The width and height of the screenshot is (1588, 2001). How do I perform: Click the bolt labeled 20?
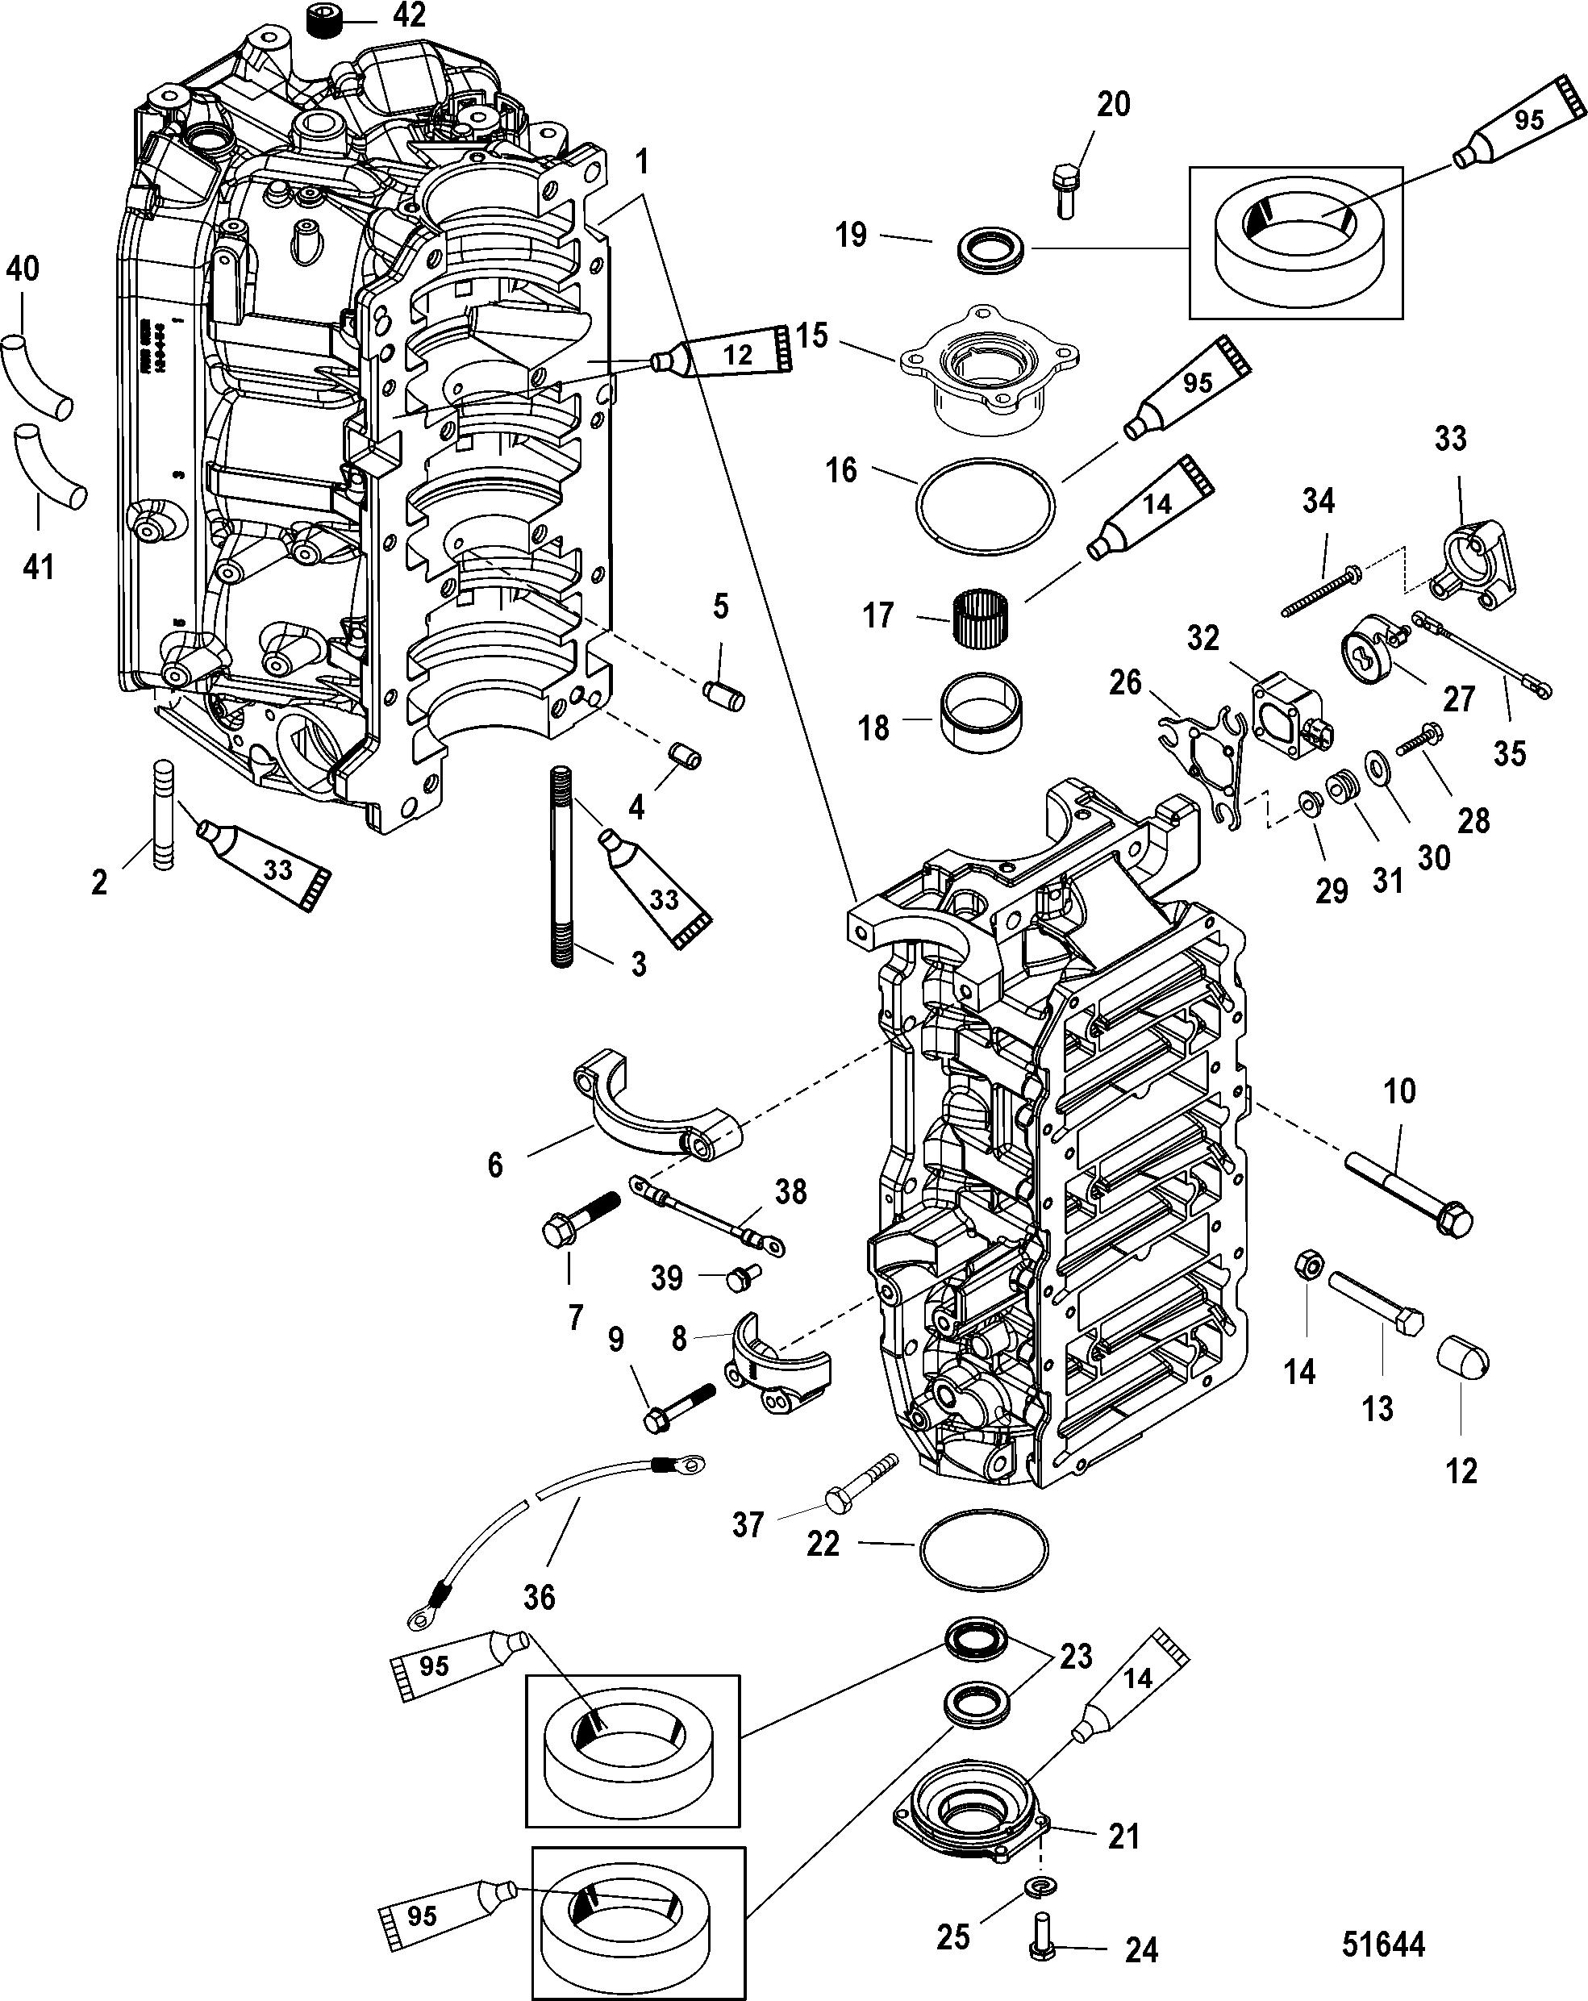[x=1065, y=190]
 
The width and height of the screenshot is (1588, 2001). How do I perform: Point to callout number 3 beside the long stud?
[x=638, y=965]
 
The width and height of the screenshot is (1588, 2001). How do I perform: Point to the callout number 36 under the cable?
[x=540, y=1596]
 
